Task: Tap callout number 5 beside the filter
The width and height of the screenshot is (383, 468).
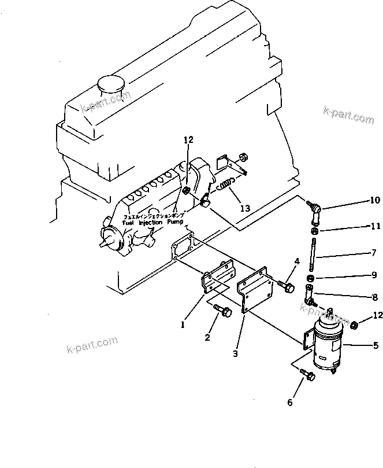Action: pos(375,347)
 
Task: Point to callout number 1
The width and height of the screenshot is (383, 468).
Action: pos(183,325)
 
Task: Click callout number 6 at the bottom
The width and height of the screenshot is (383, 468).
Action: pos(291,402)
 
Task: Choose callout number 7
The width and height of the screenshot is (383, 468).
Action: pos(374,252)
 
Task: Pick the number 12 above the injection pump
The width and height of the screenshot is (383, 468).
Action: pos(189,140)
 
